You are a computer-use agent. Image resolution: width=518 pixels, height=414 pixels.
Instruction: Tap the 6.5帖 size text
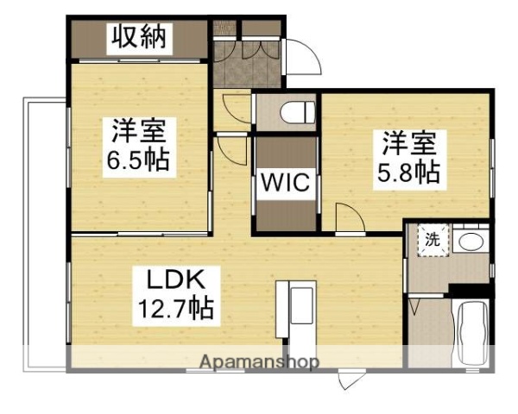pos(138,160)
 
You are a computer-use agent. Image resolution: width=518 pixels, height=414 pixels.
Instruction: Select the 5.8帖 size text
pos(407,172)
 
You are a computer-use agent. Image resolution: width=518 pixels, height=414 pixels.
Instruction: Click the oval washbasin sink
pos(471,241)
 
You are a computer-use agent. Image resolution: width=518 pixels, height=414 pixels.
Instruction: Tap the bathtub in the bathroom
pos(472,334)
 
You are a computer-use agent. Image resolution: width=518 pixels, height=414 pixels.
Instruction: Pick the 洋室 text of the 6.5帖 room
pos(138,134)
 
